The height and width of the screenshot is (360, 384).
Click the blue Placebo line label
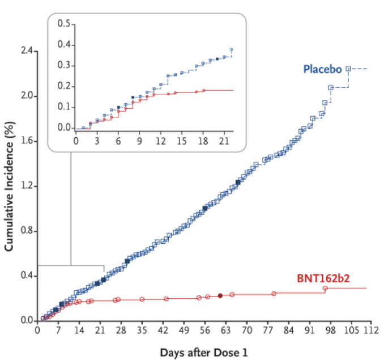point(322,69)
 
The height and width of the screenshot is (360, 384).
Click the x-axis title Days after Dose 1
point(204,352)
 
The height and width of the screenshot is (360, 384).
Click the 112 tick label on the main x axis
point(372,329)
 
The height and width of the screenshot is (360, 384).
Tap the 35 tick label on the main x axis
point(142,329)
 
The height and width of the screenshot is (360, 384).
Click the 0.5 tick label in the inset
point(63,24)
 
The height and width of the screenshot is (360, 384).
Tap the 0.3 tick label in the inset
point(63,65)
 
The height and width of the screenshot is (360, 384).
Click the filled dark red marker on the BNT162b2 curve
point(220,295)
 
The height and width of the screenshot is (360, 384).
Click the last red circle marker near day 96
point(325,289)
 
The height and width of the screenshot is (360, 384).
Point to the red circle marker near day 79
point(274,293)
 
